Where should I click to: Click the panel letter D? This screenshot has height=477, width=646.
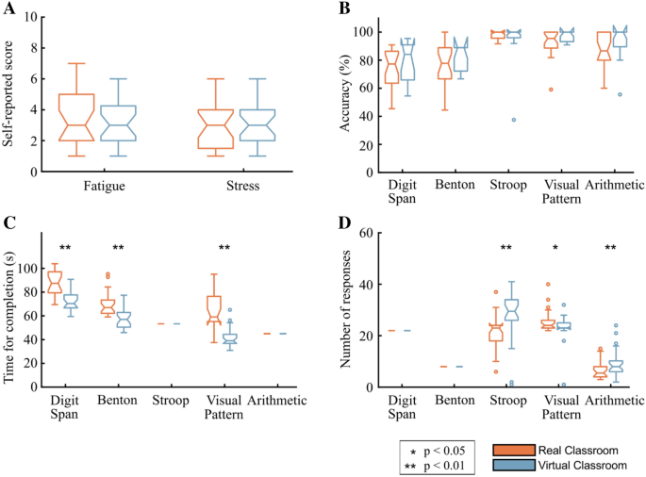[345, 224]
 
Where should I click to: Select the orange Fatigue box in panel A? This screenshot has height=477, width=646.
[76, 117]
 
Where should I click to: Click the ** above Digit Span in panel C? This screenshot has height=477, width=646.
[66, 248]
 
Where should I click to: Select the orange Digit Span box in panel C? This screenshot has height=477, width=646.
[55, 282]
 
